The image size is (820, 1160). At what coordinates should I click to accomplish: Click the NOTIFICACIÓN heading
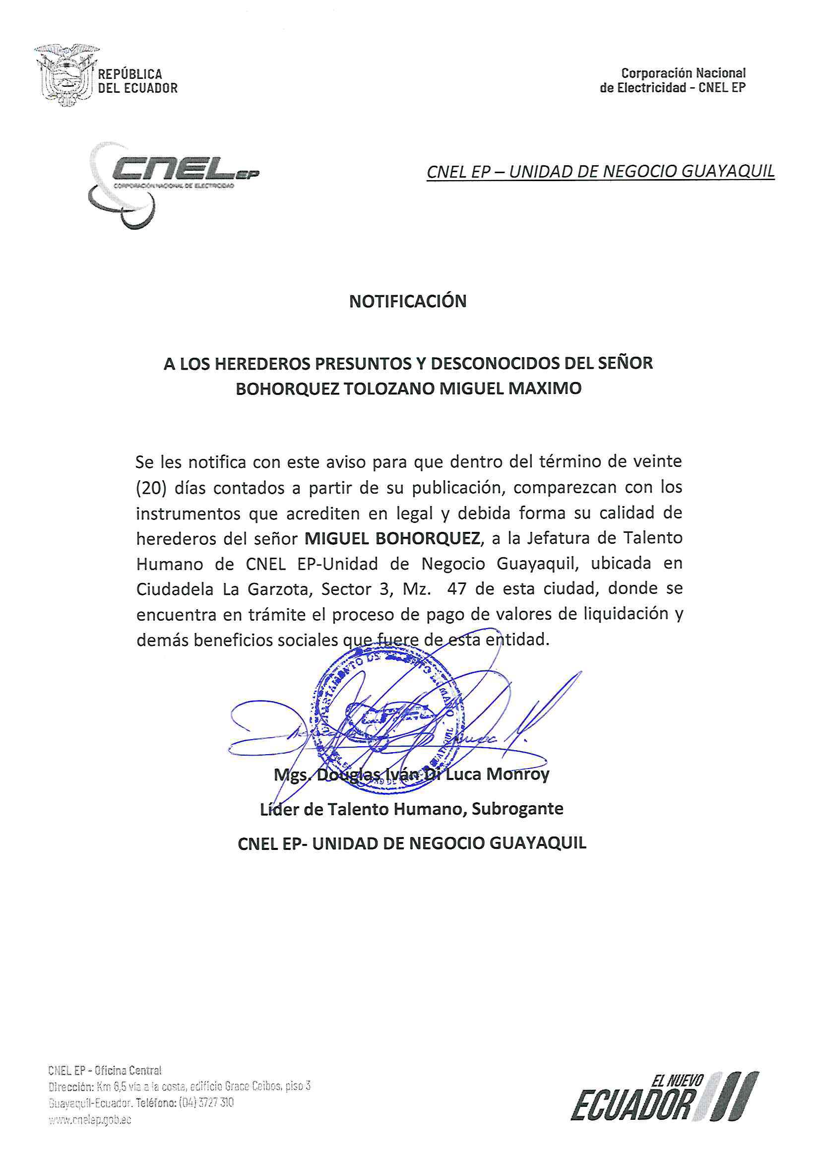[x=408, y=301]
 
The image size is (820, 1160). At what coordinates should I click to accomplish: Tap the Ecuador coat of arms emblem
[x=65, y=76]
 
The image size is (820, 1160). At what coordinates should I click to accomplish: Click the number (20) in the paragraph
[x=152, y=488]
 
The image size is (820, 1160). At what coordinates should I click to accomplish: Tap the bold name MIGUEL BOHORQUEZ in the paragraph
[x=392, y=539]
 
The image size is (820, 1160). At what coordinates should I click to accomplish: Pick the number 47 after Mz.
[x=465, y=589]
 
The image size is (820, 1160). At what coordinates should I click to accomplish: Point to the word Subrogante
[x=517, y=809]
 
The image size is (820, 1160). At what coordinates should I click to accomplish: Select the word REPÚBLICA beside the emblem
[x=130, y=74]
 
